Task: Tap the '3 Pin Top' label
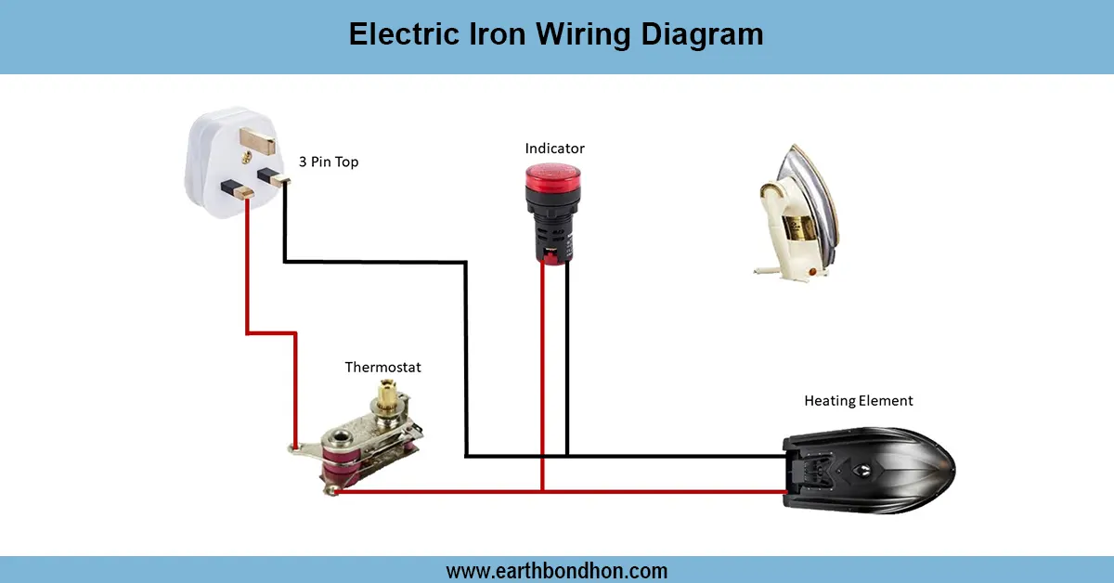[x=329, y=162]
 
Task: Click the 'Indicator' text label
[x=554, y=149]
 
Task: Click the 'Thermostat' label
[x=382, y=368]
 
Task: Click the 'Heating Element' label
[x=858, y=401]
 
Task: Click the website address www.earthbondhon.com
[x=556, y=571]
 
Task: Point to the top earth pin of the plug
[x=257, y=140]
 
